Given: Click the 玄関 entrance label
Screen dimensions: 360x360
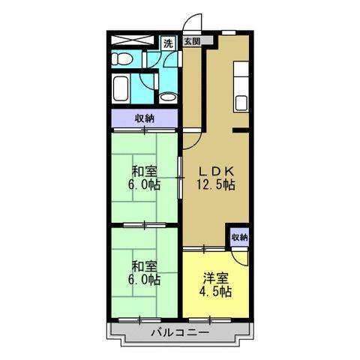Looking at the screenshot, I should pos(190,43).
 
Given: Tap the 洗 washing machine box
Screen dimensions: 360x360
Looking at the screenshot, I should pos(168,43).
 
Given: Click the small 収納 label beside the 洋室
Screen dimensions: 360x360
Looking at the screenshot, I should pos(239,237).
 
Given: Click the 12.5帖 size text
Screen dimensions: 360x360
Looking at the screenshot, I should pos(216,184).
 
